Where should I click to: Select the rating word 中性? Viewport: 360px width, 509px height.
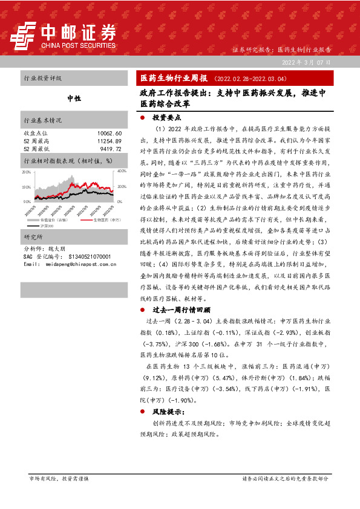pos(74,98)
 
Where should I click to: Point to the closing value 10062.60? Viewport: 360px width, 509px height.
pos(109,133)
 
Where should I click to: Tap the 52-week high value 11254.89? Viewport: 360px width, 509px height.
pos(109,140)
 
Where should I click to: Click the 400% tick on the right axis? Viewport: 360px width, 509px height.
pos(121,172)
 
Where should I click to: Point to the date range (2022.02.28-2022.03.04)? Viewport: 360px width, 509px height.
pos(246,78)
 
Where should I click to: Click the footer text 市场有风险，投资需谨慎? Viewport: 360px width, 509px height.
pos(59,478)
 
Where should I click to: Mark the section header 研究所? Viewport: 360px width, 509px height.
pos(31,236)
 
